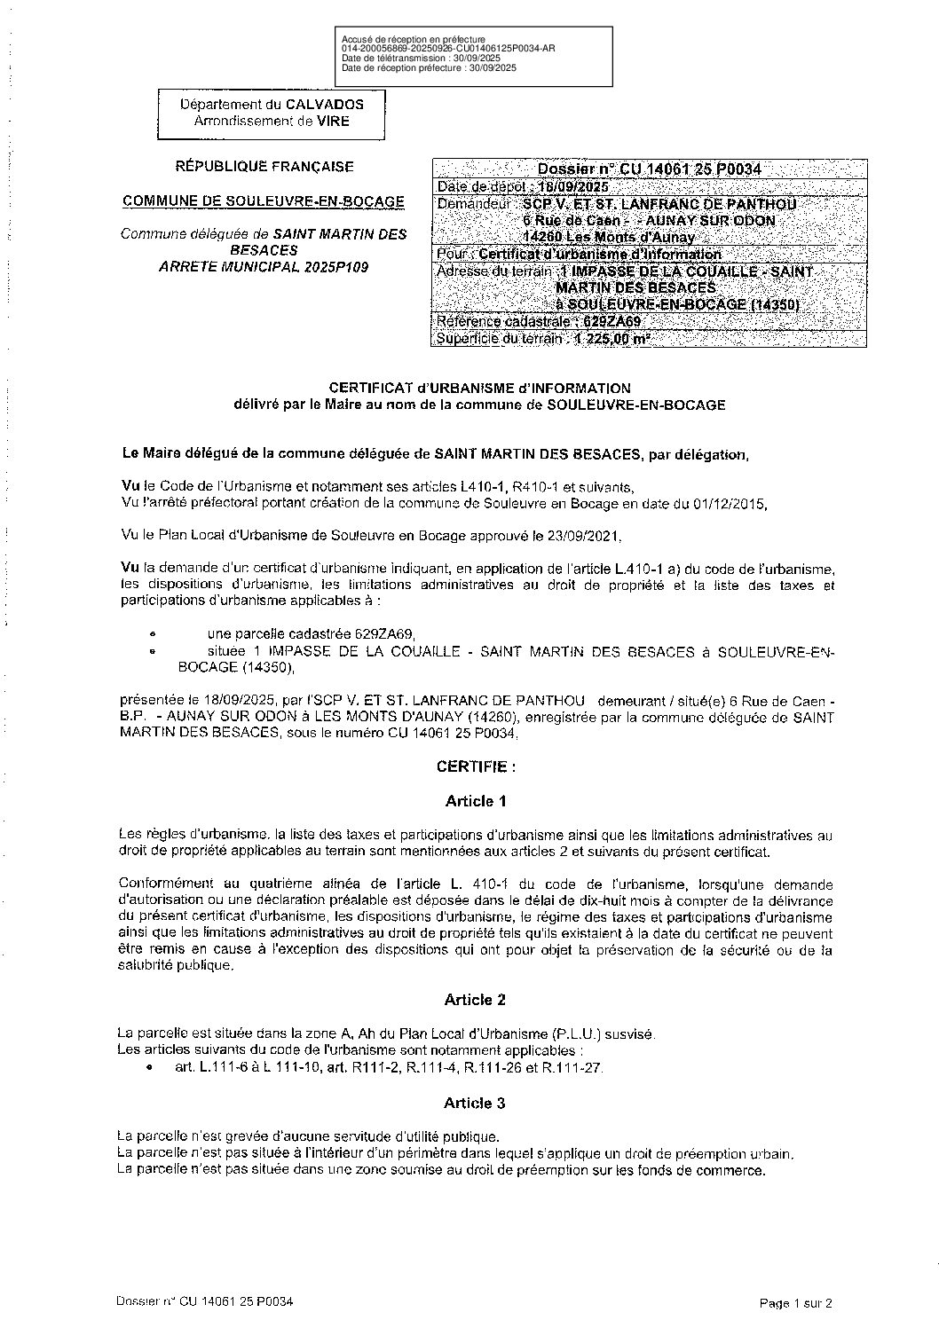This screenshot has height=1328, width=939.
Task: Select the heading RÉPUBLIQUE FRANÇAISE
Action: click(264, 166)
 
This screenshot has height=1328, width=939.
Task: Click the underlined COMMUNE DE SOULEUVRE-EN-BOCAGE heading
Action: click(264, 201)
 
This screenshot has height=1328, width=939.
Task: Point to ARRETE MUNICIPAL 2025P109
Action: click(264, 266)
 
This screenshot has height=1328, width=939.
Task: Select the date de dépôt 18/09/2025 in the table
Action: click(572, 187)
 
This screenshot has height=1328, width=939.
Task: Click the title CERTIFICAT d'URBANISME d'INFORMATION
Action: click(479, 388)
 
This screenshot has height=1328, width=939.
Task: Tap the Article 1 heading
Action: click(476, 801)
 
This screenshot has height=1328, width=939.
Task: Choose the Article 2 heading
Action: click(476, 1000)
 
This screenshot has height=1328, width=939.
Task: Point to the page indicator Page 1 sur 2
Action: click(796, 1303)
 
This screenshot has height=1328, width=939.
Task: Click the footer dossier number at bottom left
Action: click(205, 1301)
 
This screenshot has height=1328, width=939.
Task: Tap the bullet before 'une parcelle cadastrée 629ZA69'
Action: click(154, 634)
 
